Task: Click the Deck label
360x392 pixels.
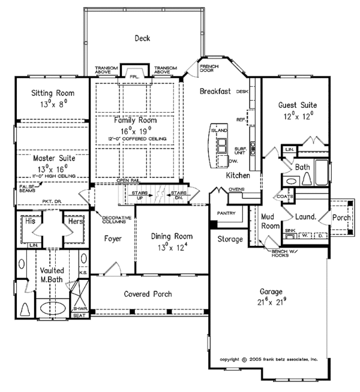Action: (x=143, y=39)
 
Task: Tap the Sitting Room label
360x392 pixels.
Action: (x=52, y=93)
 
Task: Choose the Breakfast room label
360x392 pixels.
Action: (x=217, y=91)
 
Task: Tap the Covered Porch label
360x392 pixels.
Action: (x=148, y=294)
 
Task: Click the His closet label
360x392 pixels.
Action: (x=32, y=221)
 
